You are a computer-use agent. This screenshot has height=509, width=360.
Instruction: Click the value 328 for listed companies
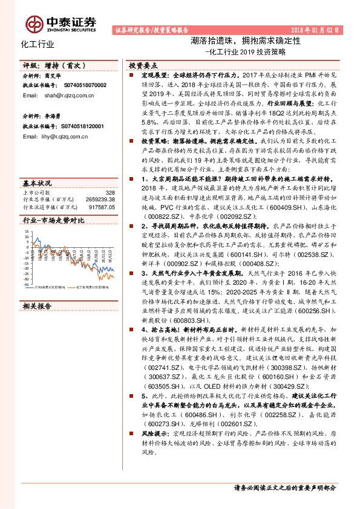point(110,192)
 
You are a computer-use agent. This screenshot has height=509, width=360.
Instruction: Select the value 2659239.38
point(101,199)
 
